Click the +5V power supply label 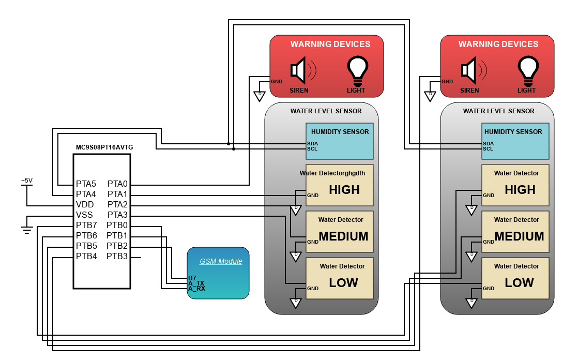click(27, 181)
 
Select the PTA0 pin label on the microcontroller click(117, 184)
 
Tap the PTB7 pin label click(86, 226)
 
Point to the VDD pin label click(85, 205)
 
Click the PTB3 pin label click(117, 257)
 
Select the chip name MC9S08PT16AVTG click(104, 147)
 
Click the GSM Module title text click(221, 261)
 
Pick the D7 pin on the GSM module click(192, 278)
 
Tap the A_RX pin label click(197, 289)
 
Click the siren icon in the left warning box click(303, 70)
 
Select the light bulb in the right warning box click(528, 71)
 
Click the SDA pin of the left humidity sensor click(312, 144)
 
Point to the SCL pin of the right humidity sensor click(488, 149)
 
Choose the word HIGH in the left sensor click(344, 190)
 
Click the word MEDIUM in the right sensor click(519, 236)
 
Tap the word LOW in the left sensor click(344, 283)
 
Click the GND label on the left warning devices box click(277, 82)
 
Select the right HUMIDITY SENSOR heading click(513, 132)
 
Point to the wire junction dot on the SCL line click(234, 149)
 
